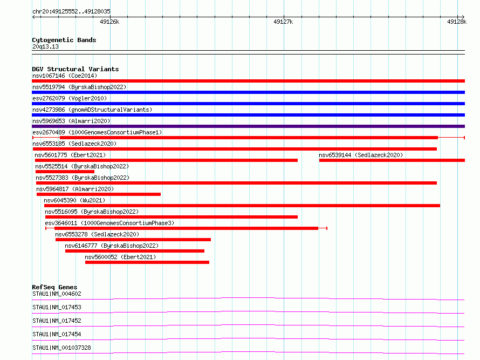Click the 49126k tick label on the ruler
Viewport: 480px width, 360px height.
click(x=109, y=22)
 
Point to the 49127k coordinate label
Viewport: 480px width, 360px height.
click(x=283, y=22)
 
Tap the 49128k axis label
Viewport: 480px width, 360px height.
click(x=456, y=22)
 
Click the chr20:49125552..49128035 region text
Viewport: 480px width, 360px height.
click(x=71, y=12)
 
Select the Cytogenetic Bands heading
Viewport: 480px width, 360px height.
click(x=64, y=40)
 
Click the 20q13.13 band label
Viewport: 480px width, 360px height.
click(x=45, y=46)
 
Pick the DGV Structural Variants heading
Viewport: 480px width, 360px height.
click(x=76, y=69)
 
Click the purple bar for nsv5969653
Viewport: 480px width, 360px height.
click(x=248, y=126)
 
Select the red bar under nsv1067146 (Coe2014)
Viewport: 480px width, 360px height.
click(x=248, y=81)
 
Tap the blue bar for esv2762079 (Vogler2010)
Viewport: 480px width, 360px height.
click(x=248, y=104)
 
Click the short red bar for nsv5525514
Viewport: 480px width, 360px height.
click(x=65, y=172)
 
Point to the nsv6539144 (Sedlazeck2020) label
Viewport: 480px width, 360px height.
click(x=361, y=155)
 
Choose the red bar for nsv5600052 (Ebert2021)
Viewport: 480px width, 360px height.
click(x=147, y=262)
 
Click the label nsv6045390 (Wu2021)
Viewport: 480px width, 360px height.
click(x=74, y=200)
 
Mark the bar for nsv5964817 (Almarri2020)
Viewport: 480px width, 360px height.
click(x=99, y=194)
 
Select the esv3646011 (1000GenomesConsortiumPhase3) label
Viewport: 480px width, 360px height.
click(x=109, y=223)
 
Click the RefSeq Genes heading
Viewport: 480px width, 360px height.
click(x=54, y=287)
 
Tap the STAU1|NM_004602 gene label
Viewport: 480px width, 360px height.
click(x=57, y=294)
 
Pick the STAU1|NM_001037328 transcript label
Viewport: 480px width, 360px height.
click(x=61, y=348)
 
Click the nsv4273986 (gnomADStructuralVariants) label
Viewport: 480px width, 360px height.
click(x=92, y=110)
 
